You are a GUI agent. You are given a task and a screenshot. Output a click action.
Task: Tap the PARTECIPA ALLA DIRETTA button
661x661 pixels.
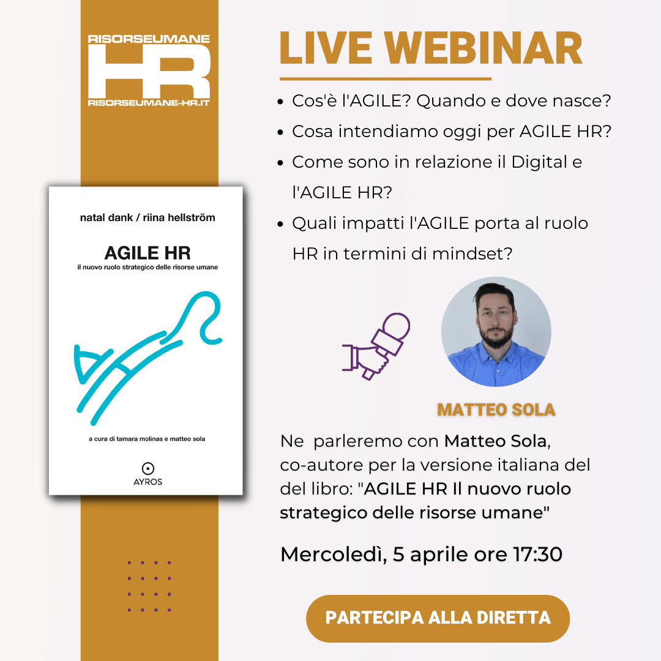438,618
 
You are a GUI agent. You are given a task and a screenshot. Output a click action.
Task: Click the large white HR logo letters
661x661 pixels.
149,72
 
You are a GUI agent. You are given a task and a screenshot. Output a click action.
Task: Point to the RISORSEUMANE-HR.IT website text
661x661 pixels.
149,103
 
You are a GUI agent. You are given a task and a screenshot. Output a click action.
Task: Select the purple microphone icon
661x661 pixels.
376,346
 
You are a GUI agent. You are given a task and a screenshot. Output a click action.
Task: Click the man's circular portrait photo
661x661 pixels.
496,332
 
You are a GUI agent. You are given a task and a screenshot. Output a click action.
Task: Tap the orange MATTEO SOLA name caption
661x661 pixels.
496,409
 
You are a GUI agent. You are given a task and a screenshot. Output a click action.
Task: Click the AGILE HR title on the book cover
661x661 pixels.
148,253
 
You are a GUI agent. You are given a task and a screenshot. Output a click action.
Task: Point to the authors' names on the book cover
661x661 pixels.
148,217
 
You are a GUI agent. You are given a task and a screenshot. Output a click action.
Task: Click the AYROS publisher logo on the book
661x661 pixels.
148,474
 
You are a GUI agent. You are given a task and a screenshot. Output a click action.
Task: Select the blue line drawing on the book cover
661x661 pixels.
148,358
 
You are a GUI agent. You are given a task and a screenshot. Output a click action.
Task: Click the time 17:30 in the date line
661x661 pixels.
537,554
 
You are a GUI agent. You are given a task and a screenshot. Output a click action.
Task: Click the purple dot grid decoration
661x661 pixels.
149,586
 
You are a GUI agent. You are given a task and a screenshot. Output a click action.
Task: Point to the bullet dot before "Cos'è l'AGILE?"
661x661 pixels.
280,102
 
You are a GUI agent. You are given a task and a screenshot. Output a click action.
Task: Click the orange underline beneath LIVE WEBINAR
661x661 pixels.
386,79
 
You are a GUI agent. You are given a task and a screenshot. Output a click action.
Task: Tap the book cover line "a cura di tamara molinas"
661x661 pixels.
125,439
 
